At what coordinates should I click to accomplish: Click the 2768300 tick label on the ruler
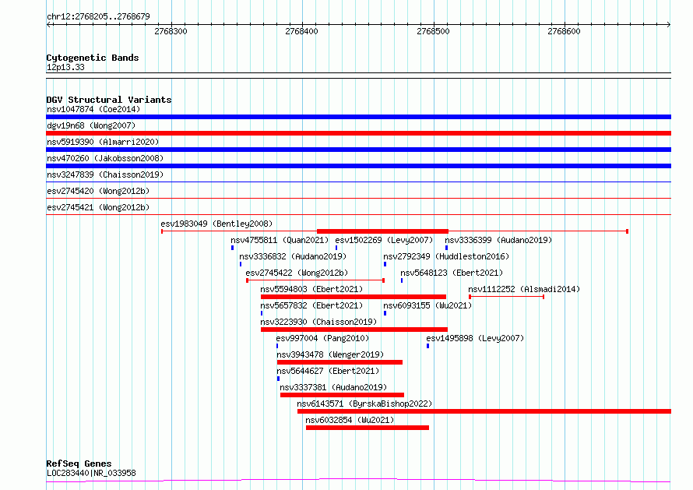point(171,31)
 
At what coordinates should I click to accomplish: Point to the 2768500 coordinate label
point(433,31)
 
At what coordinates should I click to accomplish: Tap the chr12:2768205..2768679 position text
point(98,17)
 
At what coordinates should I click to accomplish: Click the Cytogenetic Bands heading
point(93,58)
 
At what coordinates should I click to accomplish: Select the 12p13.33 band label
point(65,67)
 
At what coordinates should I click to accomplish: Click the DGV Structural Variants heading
point(109,100)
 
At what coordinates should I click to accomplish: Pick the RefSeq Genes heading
point(79,464)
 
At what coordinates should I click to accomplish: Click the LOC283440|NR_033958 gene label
point(91,473)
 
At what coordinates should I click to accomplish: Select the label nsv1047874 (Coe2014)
point(93,109)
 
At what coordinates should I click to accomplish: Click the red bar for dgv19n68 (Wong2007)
point(358,133)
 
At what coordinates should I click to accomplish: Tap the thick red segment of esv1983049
point(383,231)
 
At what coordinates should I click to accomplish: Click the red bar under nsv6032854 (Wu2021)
point(368,428)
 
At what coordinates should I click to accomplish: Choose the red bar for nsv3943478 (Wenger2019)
point(339,362)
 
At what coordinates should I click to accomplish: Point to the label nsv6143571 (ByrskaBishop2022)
point(364,404)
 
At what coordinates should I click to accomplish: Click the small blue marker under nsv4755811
point(233,248)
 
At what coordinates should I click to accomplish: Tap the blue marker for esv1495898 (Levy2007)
point(427,346)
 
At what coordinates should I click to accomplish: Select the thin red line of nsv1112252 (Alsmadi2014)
point(506,297)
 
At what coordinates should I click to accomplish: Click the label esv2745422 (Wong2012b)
point(297,273)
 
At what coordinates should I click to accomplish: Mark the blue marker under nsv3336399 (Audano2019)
point(446,248)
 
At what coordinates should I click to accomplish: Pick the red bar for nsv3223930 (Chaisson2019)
point(354,330)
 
